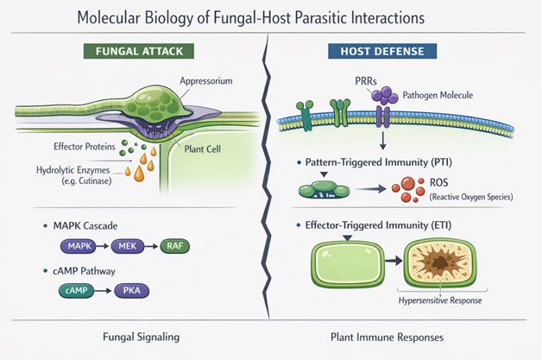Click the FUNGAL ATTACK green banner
tap(139, 51)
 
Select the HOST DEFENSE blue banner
tap(382, 51)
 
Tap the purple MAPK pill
tap(79, 246)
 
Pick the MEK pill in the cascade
tap(128, 246)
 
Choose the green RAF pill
tap(175, 246)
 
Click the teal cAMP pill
tap(77, 290)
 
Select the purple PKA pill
tap(132, 290)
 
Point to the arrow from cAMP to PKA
tap(103, 291)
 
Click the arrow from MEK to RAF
tap(151, 247)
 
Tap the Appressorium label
tap(206, 81)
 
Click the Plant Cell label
tap(202, 149)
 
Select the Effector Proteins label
tap(85, 147)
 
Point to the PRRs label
tap(366, 81)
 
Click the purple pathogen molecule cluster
tap(384, 96)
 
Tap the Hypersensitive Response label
tap(440, 300)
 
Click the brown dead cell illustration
tap(440, 263)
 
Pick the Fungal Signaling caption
tap(141, 337)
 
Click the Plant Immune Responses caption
tap(388, 338)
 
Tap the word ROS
tap(439, 182)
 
